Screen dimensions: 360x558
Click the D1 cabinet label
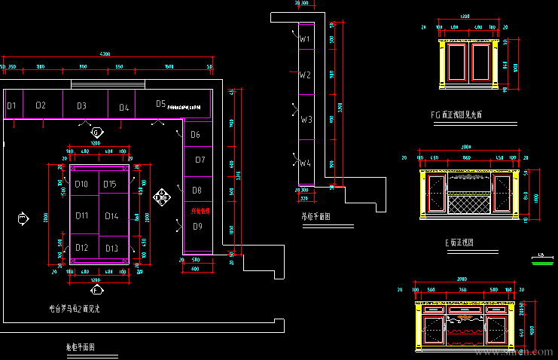click(x=12, y=106)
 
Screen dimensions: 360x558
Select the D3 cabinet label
click(x=81, y=106)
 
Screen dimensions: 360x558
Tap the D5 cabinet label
click(x=160, y=104)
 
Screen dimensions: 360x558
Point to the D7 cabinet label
click(x=200, y=160)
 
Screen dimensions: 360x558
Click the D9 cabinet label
click(x=197, y=226)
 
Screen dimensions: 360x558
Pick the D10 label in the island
click(x=81, y=185)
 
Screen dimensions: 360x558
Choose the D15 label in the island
click(x=110, y=185)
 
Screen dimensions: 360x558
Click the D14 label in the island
click(x=111, y=216)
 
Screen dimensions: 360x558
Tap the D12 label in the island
click(x=81, y=248)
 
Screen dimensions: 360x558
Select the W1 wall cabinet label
click(x=304, y=38)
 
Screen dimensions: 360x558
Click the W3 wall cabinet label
click(x=305, y=120)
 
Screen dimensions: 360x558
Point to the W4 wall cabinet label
click(x=304, y=163)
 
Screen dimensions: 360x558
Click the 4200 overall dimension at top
click(x=105, y=54)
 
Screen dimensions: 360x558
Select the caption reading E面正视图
click(x=459, y=243)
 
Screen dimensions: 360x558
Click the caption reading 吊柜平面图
click(x=316, y=216)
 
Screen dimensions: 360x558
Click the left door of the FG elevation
click(x=457, y=65)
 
